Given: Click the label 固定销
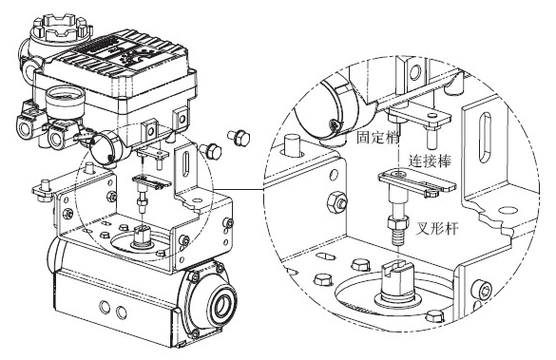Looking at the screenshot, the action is (377, 137).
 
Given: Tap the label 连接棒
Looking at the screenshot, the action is (430, 161).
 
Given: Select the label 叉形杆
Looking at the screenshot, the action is (436, 229).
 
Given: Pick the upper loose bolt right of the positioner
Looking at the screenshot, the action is (239, 138).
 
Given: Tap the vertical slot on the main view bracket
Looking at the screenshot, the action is (185, 163).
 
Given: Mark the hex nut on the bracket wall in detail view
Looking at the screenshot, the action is (337, 202).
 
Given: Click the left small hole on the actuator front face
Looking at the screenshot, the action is (105, 306).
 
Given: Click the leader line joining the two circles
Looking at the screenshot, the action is (238, 189).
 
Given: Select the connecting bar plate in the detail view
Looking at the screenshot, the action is (416, 182).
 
